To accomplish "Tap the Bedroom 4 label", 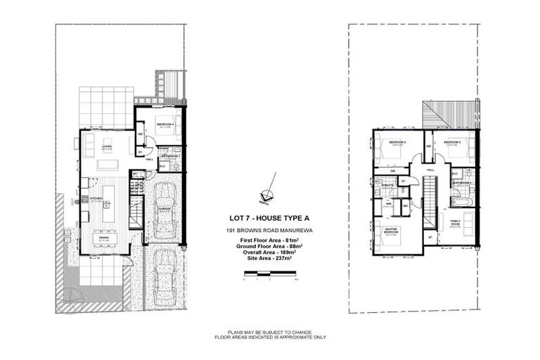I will pyautogui.click(x=165, y=124).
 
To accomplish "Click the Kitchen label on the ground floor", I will pyautogui.click(x=96, y=199).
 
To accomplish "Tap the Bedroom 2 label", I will pyautogui.click(x=451, y=142).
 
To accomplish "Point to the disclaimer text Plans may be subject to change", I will pyautogui.click(x=270, y=332).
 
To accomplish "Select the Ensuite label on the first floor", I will pyautogui.click(x=387, y=185).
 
